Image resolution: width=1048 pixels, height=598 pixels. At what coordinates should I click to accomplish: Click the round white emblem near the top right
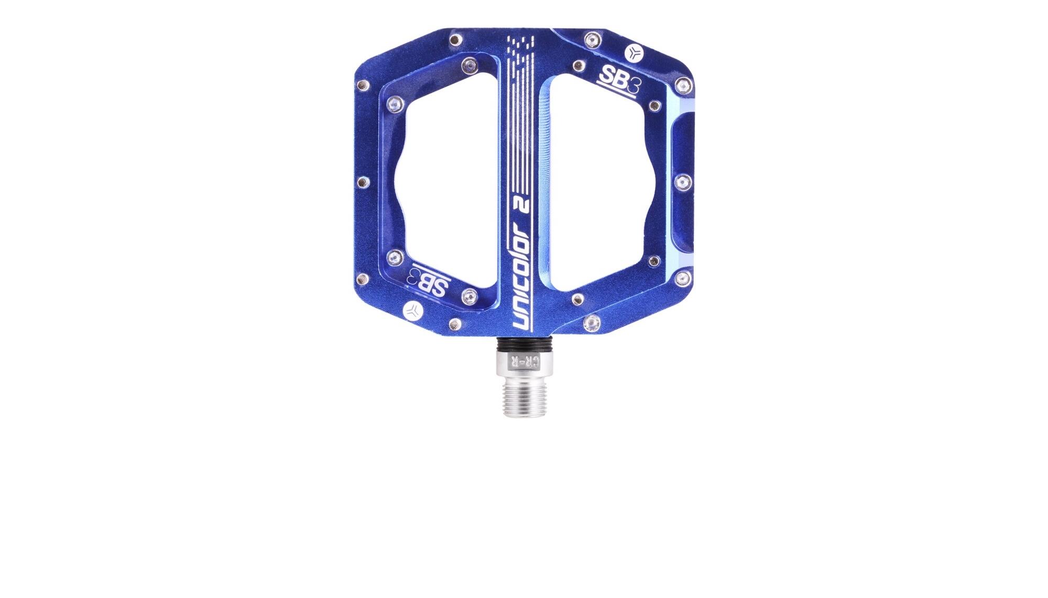click(635, 52)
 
